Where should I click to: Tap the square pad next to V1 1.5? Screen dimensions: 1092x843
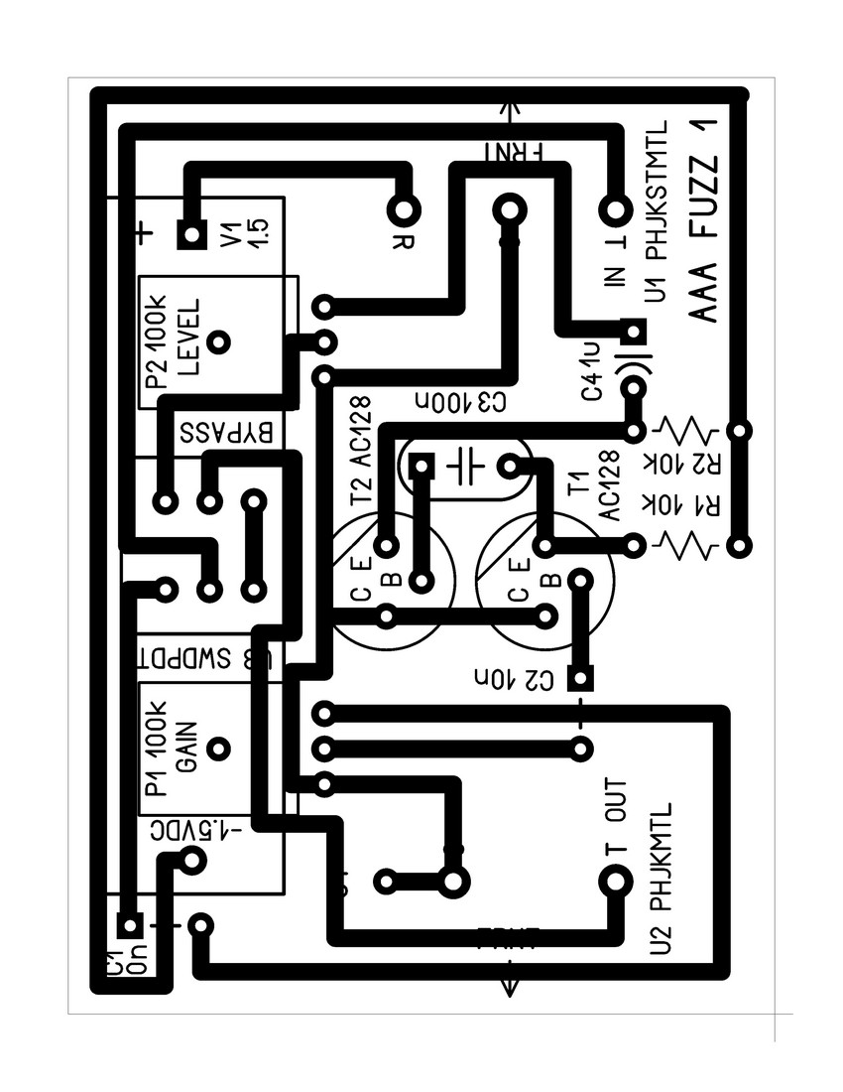click(189, 234)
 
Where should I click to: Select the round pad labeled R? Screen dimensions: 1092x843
click(404, 209)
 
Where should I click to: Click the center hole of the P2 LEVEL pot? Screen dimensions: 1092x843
click(220, 341)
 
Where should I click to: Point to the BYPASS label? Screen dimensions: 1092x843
click(227, 433)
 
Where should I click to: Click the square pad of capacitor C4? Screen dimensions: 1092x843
click(633, 330)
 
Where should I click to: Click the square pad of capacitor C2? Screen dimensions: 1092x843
click(580, 679)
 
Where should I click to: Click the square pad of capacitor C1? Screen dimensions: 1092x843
click(128, 925)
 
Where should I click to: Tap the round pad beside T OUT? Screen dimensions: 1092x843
click(614, 880)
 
